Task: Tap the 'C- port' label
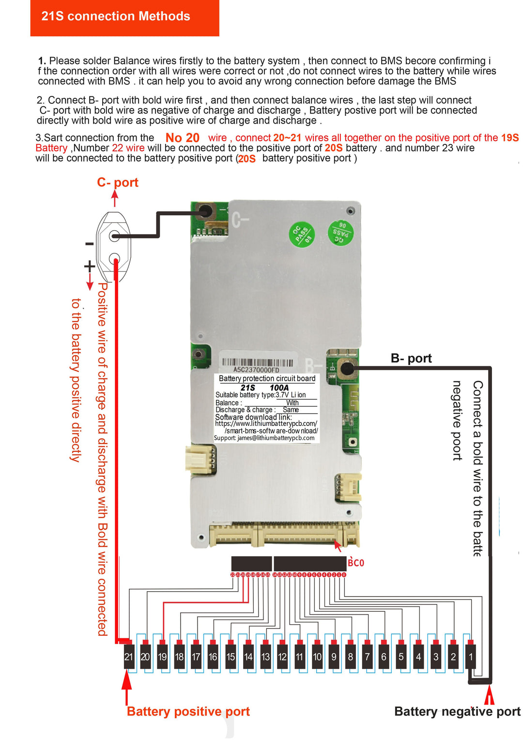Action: click(x=118, y=183)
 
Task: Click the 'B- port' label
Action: click(x=411, y=359)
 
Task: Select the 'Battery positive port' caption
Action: click(x=188, y=711)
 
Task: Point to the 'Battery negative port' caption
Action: click(x=457, y=711)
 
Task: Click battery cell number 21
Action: click(x=129, y=657)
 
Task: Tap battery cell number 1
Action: click(x=471, y=657)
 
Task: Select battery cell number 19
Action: click(x=162, y=657)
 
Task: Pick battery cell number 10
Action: click(x=317, y=657)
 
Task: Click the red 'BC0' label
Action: click(x=356, y=563)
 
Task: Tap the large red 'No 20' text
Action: click(x=183, y=138)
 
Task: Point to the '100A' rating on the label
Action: click(x=279, y=388)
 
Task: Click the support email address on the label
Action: click(x=264, y=438)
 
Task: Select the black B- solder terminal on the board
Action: click(x=347, y=368)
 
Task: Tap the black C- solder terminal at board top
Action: click(x=206, y=211)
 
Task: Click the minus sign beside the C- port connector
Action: click(x=89, y=244)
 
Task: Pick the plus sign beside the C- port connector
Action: click(x=89, y=267)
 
